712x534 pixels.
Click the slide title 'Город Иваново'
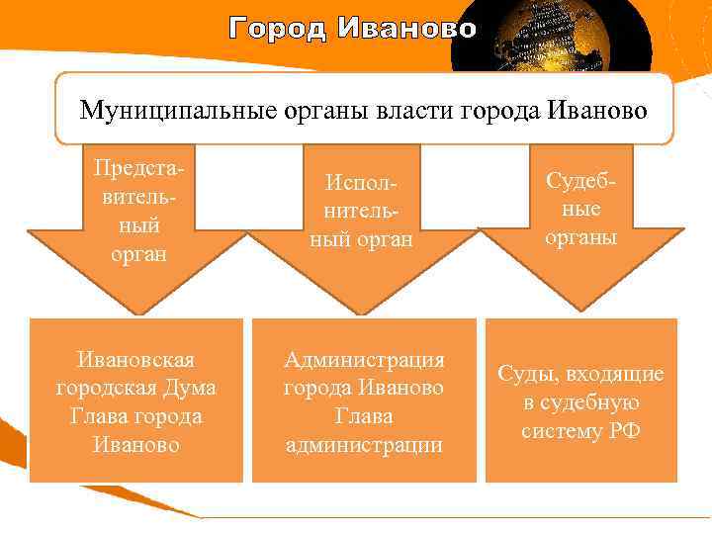(x=352, y=29)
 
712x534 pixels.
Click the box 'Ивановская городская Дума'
(x=136, y=400)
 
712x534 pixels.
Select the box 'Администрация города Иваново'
(x=364, y=400)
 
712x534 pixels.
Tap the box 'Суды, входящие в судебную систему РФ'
(x=580, y=400)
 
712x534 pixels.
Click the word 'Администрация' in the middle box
(x=364, y=359)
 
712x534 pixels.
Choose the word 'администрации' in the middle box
(x=364, y=445)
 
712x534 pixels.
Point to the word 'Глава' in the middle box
(x=364, y=416)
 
